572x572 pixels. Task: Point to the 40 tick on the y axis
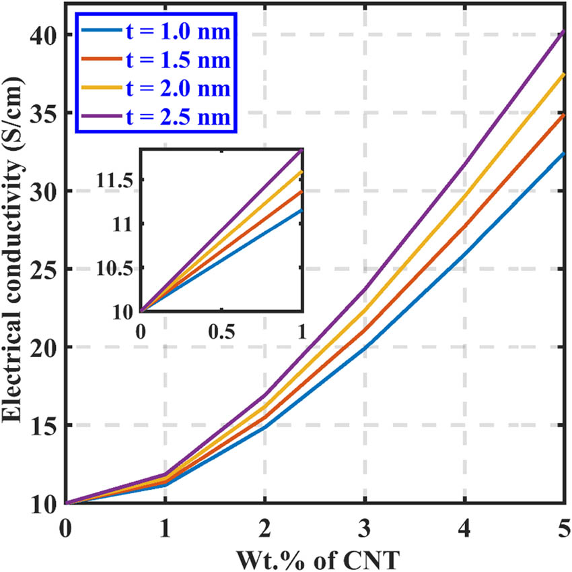click(42, 35)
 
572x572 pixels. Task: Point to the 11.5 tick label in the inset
click(118, 180)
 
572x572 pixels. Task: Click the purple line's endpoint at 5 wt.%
click(563, 31)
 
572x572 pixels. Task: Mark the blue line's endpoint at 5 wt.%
click(563, 154)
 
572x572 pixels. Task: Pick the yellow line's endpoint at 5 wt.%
click(563, 74)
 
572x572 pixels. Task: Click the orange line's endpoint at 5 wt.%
click(563, 115)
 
